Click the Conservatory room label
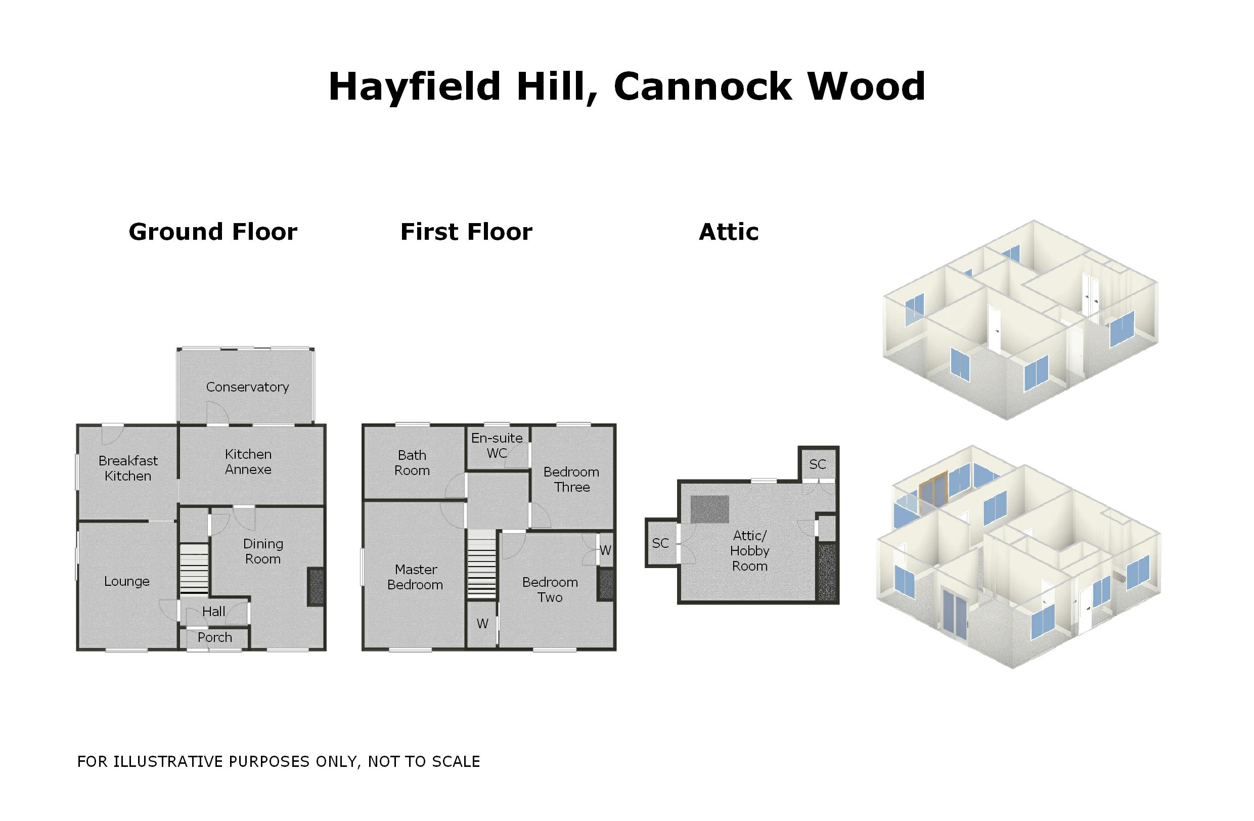coord(247,387)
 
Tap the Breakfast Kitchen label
coord(128,468)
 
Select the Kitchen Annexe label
coord(248,462)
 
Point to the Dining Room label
coord(263,551)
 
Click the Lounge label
coord(126,581)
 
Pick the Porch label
coord(214,637)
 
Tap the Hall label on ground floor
coord(213,611)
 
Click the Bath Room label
coord(412,463)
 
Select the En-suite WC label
coord(497,445)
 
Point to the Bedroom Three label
coord(571,479)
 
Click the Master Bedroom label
coord(415,577)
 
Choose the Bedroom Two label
coord(550,590)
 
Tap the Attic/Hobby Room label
coord(750,551)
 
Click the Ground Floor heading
coord(213,232)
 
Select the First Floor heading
coord(466,232)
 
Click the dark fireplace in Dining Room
coord(316,586)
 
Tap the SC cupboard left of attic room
coord(660,543)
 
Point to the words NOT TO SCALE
coord(424,761)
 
